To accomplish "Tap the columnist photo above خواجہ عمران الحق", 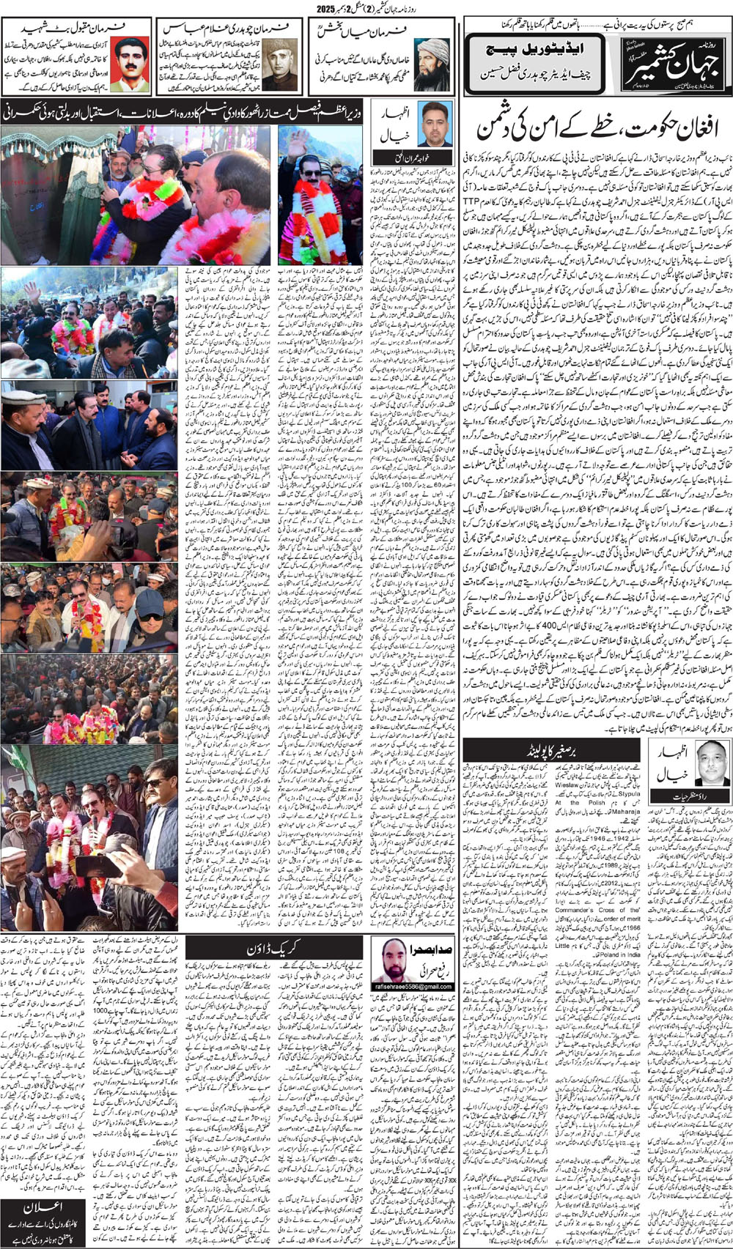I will point(434,124).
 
